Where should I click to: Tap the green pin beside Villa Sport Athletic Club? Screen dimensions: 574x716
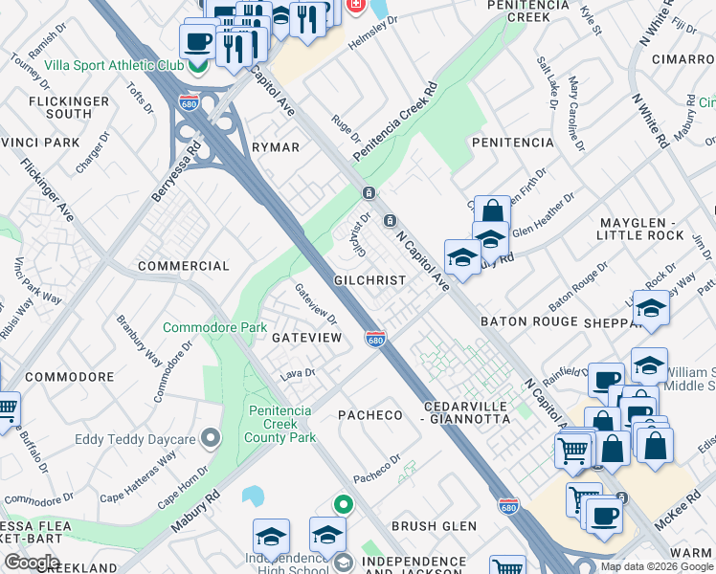point(198,66)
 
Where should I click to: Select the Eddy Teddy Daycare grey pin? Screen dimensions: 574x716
point(211,439)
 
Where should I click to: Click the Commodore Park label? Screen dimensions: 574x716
point(214,327)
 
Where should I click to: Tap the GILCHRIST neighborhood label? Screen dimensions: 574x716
point(369,280)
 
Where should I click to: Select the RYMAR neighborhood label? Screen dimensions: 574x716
point(275,147)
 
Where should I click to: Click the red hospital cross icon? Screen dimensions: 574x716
point(355,6)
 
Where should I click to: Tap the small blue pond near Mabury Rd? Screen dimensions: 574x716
point(254,496)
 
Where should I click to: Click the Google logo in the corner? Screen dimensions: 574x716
point(31,563)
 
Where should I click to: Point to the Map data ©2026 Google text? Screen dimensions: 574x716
point(656,566)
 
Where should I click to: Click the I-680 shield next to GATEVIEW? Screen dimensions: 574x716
point(375,339)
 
